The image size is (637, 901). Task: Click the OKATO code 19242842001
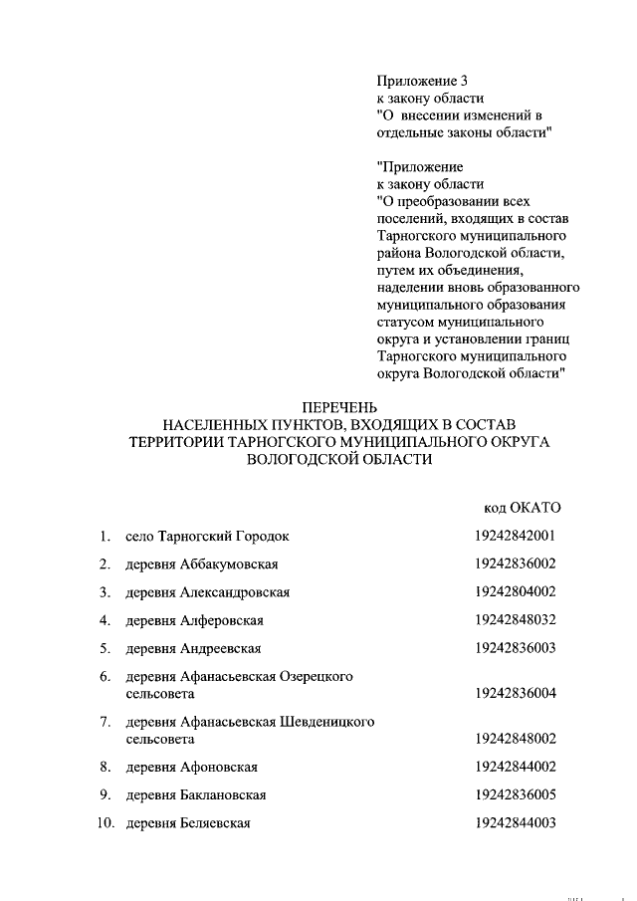pyautogui.click(x=515, y=536)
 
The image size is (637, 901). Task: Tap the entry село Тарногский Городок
pyautogui.click(x=207, y=537)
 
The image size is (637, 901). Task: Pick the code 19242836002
pyautogui.click(x=515, y=563)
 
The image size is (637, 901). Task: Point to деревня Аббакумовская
pyautogui.click(x=201, y=564)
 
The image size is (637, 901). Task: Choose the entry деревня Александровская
pyautogui.click(x=207, y=592)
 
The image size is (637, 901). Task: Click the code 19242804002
pyautogui.click(x=515, y=591)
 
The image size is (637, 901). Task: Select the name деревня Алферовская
pyautogui.click(x=194, y=620)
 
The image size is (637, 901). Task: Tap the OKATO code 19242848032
pyautogui.click(x=515, y=619)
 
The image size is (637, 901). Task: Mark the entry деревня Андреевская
pyautogui.click(x=193, y=649)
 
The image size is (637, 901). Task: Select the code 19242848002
pyautogui.click(x=515, y=739)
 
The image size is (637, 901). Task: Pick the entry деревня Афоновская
pyautogui.click(x=192, y=767)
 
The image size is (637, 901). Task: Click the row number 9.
pyautogui.click(x=105, y=795)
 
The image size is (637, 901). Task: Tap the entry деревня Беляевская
pyautogui.click(x=187, y=823)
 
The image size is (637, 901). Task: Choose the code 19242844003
pyautogui.click(x=515, y=822)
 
